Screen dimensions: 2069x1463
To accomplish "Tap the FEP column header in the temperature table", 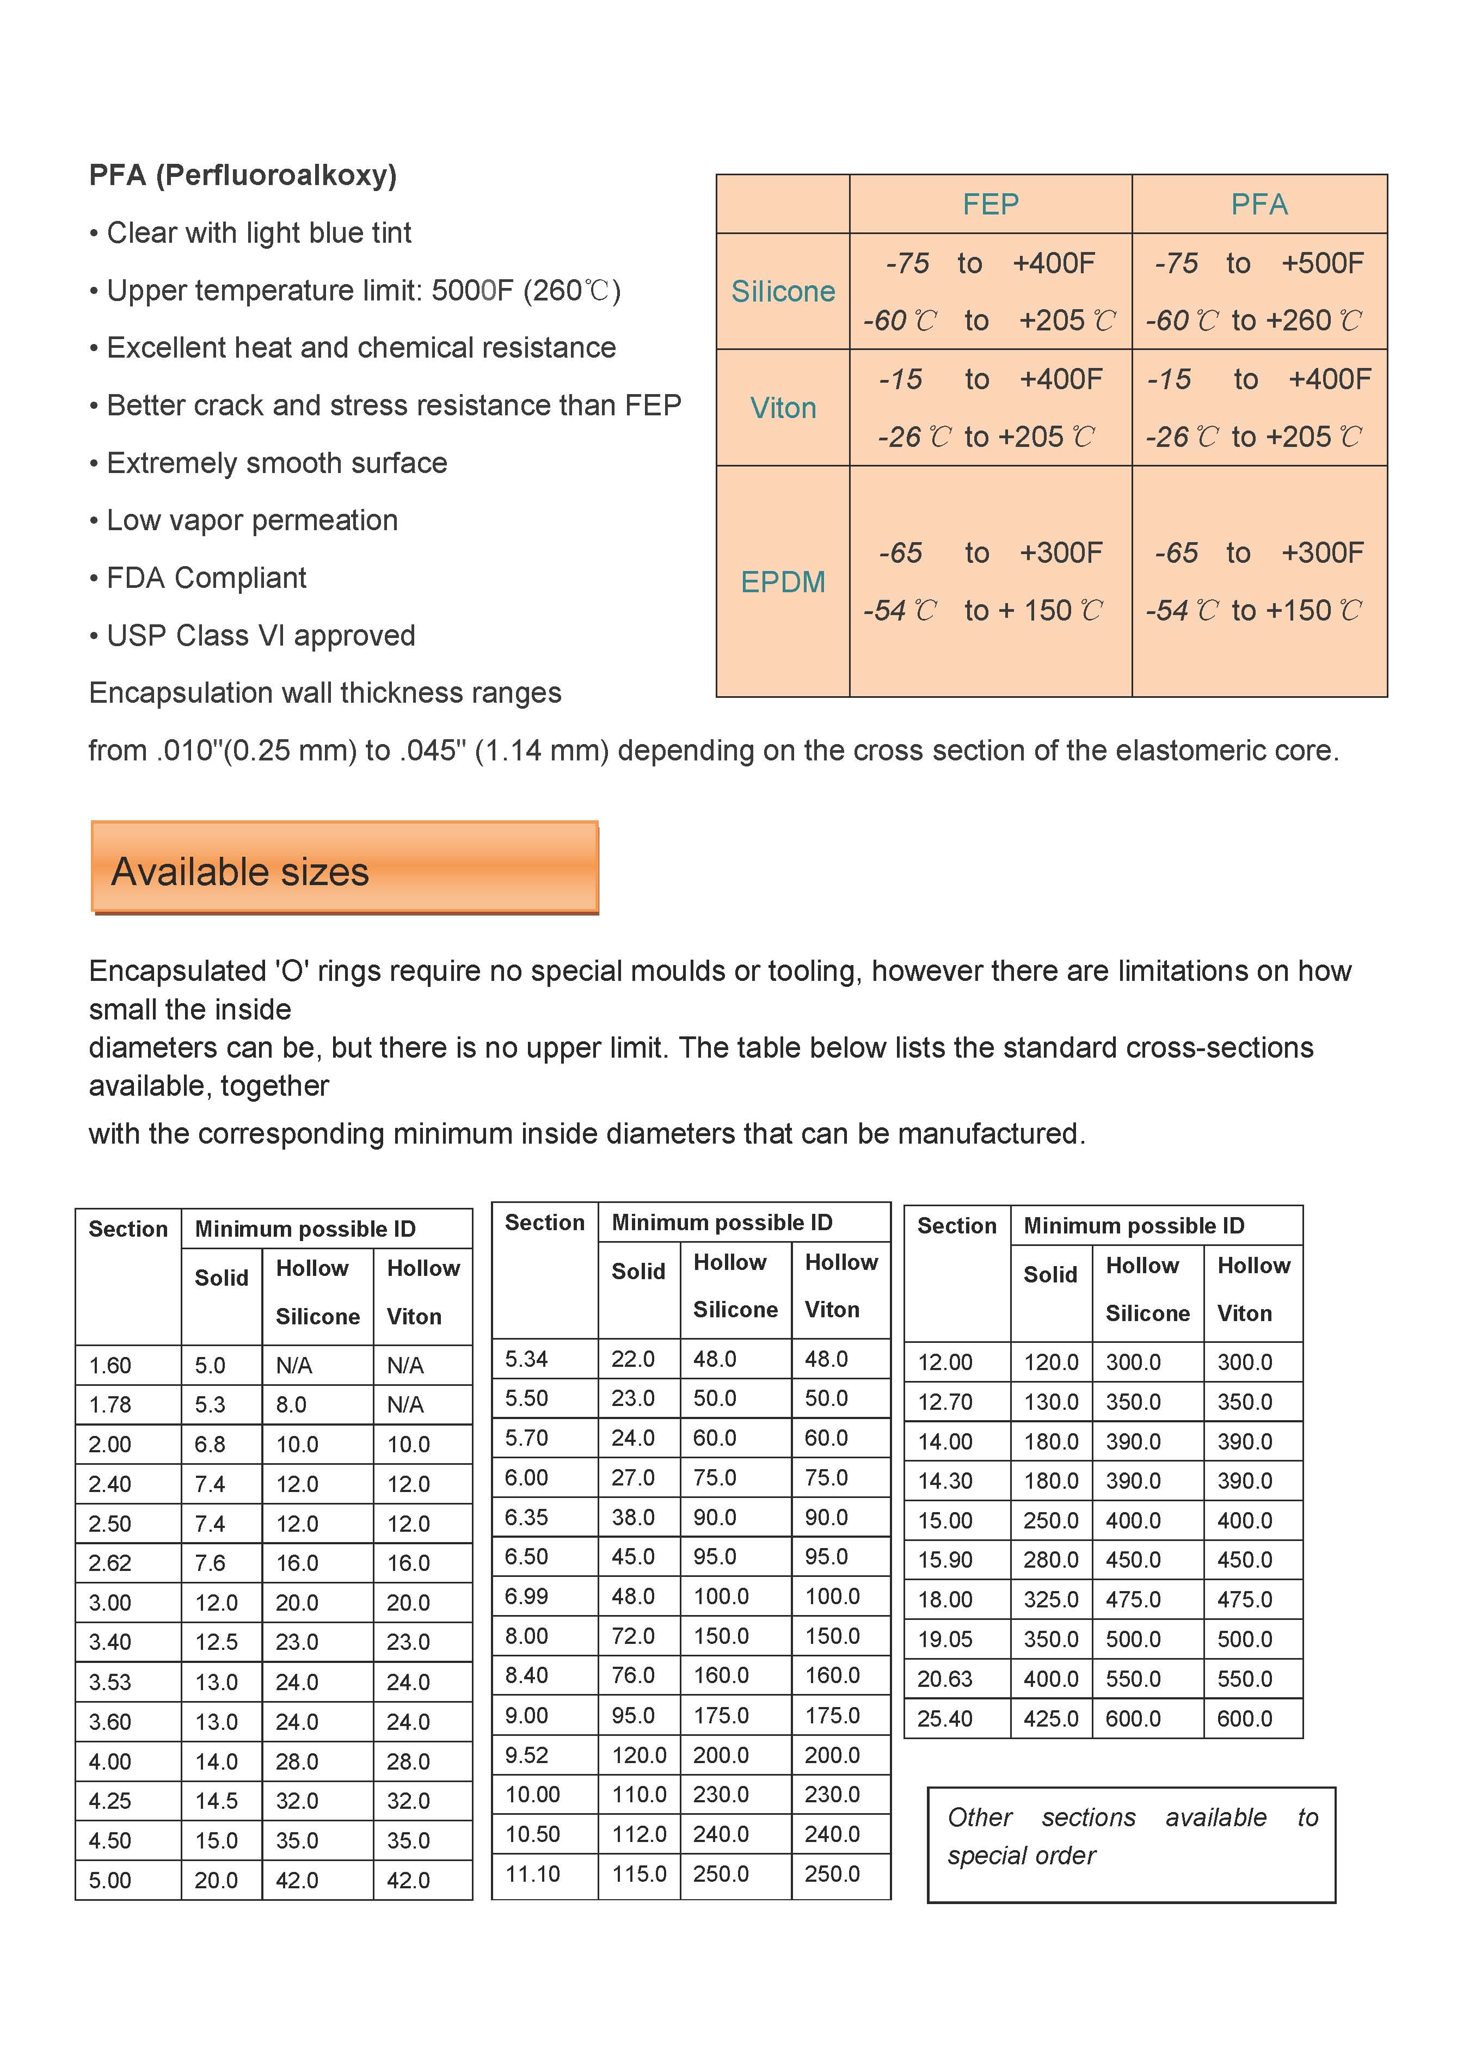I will [990, 205].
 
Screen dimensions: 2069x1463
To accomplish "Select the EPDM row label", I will [782, 582].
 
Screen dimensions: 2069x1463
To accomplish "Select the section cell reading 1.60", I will [110, 1365].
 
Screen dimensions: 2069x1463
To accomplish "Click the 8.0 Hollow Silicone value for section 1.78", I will [291, 1405].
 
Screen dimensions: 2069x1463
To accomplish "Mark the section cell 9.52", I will [526, 1754].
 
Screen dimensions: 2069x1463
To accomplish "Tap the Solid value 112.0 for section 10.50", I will [639, 1834].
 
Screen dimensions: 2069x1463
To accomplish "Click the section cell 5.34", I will [526, 1359].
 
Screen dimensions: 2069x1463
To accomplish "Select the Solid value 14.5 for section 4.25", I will [216, 1801].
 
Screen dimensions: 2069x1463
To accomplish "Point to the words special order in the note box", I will [1022, 1856].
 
